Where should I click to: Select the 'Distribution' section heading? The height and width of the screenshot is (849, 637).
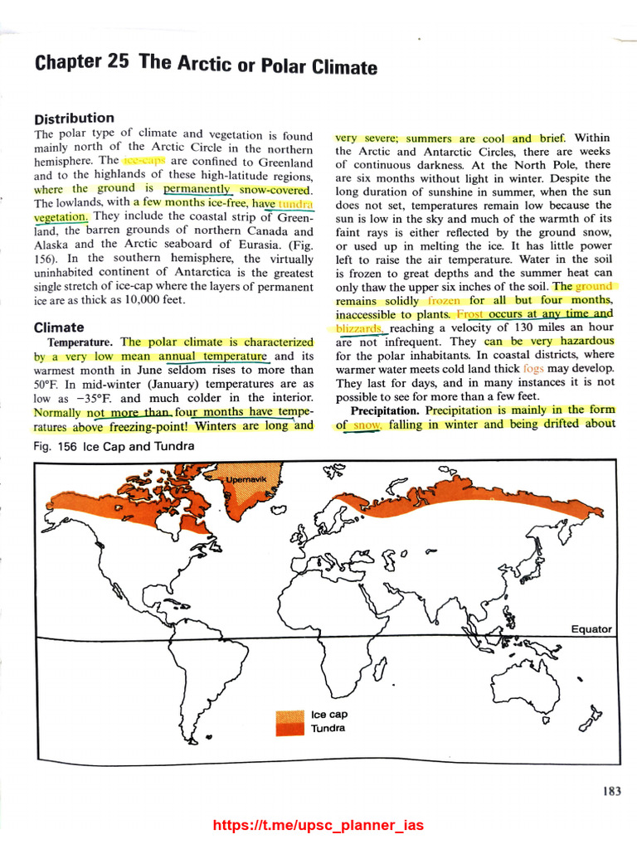click(x=74, y=118)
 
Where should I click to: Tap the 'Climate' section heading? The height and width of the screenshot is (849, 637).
click(x=59, y=327)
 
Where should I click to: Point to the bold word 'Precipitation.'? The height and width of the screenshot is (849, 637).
click(x=387, y=410)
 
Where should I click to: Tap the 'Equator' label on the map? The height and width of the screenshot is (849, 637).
click(x=591, y=629)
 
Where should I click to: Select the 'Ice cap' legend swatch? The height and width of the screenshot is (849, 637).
click(x=290, y=715)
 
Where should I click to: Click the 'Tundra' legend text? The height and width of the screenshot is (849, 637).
click(x=328, y=729)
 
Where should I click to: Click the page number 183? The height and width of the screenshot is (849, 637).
click(x=611, y=791)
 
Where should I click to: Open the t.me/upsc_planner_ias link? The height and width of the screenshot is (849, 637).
click(x=318, y=825)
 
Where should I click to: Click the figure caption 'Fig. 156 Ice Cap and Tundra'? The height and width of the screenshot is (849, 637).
click(x=114, y=447)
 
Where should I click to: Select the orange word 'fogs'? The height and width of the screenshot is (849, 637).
click(x=533, y=368)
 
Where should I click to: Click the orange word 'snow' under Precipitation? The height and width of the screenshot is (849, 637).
click(x=364, y=424)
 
